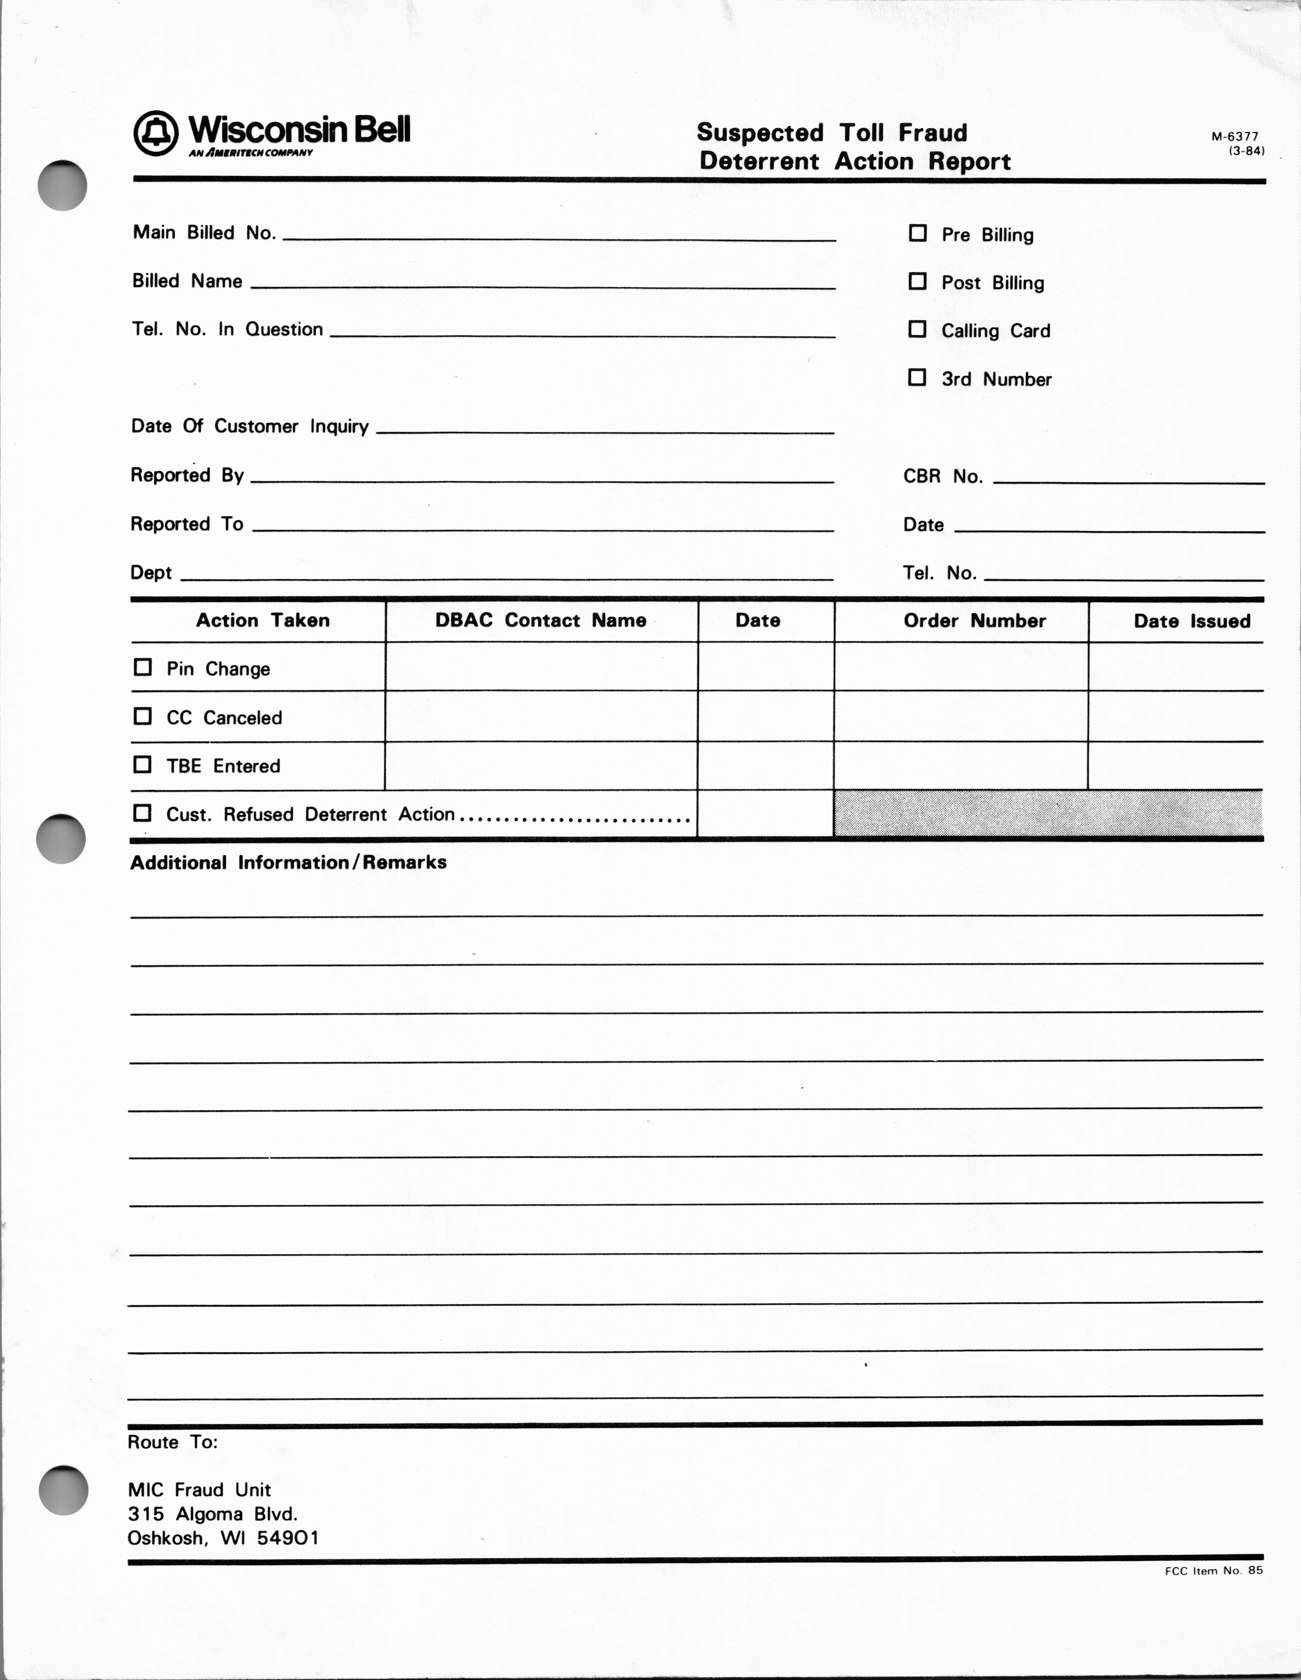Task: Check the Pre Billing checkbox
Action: pos(917,233)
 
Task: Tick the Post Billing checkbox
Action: pos(917,282)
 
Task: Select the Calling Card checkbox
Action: pos(917,329)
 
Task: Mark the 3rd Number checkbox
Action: pos(917,378)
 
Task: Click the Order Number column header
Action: pos(974,621)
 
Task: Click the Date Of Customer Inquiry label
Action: pos(249,426)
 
